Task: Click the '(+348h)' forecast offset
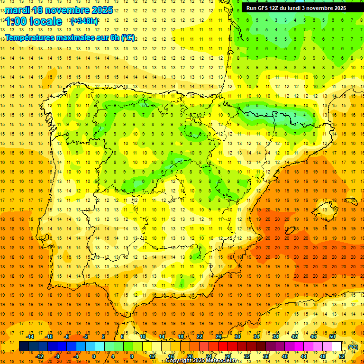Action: coord(84,21)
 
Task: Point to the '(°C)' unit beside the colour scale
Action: coord(353,347)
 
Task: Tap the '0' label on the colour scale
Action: coord(94,356)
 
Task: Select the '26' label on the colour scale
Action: coord(218,337)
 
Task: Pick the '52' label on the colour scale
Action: coord(342,356)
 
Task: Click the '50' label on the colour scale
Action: coord(332,337)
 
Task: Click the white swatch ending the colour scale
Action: coord(337,346)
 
